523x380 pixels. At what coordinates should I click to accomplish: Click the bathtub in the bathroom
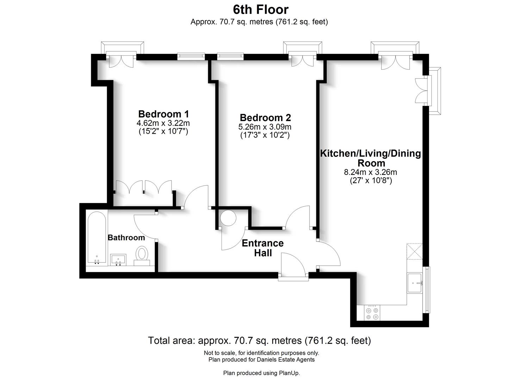96,237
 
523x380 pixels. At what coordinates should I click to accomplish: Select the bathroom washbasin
118,260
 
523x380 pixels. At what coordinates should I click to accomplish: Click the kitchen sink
416,283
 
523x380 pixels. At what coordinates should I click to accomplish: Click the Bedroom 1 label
163,114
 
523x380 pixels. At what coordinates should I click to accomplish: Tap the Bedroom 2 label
265,118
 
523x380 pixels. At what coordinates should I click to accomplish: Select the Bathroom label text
126,237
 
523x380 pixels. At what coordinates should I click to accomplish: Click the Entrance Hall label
263,248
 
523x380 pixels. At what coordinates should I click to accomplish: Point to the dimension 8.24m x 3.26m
370,172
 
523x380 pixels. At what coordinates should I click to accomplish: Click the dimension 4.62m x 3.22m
163,123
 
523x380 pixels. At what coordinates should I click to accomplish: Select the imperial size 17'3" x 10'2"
265,135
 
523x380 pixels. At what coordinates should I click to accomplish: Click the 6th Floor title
261,9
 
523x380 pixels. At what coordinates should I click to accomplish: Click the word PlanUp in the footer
289,373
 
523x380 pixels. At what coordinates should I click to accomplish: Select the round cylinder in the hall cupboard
228,218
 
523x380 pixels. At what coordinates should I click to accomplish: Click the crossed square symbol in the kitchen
414,251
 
